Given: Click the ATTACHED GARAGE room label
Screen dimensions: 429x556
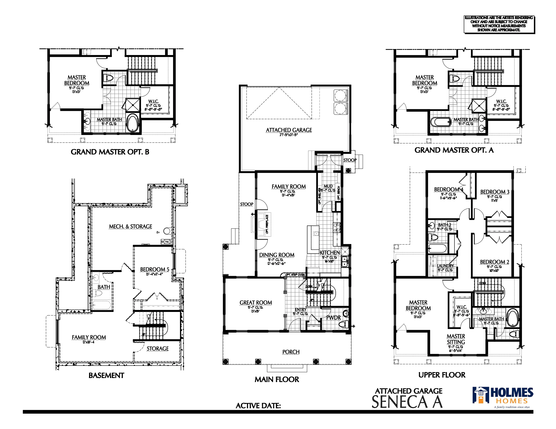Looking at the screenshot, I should [x=289, y=130].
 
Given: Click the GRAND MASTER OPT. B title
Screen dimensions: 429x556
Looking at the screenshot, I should [x=110, y=152].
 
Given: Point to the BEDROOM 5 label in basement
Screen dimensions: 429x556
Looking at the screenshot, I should [x=155, y=269].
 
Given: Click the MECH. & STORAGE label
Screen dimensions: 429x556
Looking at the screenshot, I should [x=130, y=227].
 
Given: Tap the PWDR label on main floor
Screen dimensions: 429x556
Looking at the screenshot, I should [x=333, y=318].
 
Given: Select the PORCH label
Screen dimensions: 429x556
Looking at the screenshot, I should [x=291, y=352].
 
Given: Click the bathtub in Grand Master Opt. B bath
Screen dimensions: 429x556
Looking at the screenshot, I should [x=132, y=123].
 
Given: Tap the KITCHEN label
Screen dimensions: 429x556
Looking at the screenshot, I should [x=330, y=253].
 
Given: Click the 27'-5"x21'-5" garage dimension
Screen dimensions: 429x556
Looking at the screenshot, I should [x=288, y=135].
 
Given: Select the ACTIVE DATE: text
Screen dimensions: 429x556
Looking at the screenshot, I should [x=258, y=406].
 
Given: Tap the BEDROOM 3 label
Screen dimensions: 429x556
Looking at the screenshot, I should [x=495, y=192].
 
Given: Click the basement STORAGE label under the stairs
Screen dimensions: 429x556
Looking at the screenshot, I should [x=157, y=349].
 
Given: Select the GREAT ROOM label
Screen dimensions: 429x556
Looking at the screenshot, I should [x=256, y=303].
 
